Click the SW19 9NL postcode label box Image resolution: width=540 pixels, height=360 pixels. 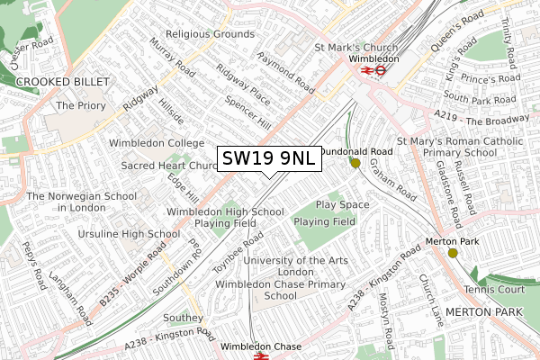pos(267,159)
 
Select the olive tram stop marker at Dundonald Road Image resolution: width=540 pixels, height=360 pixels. pos(355,164)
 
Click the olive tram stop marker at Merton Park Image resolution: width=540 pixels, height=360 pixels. pos(452,253)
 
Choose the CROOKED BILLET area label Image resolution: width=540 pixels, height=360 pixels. pos(63,82)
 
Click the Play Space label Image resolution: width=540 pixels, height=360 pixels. pos(342,205)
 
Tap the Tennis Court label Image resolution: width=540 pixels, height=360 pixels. pos(494,289)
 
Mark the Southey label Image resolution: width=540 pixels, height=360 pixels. pos(184,318)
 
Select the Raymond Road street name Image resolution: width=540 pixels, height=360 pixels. pos(285,73)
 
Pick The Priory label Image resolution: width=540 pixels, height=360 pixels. pos(76,105)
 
